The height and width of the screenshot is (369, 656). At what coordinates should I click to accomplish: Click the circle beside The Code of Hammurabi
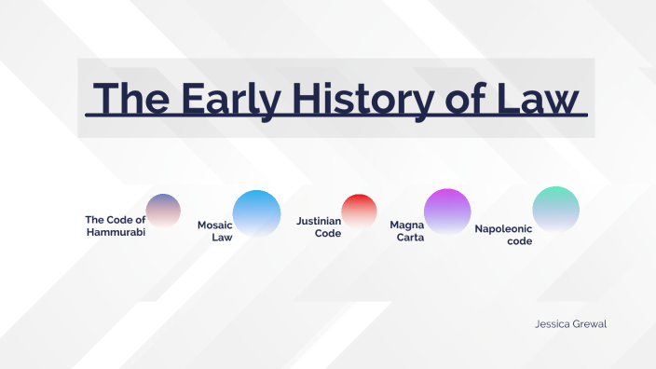tap(163, 211)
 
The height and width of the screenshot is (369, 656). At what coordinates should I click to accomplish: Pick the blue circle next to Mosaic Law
tap(256, 213)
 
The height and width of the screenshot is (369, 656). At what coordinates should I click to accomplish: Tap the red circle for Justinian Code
tap(359, 211)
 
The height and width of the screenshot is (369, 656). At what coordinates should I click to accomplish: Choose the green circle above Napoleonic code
tap(555, 210)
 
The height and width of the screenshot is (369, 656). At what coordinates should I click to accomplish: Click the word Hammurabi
tap(116, 232)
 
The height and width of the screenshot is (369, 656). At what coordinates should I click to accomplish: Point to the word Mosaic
tap(214, 225)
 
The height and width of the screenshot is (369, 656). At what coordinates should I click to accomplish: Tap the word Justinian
tap(319, 222)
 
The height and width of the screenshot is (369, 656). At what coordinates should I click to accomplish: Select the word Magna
tap(407, 225)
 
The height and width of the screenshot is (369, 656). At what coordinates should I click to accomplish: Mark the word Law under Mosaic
tap(222, 238)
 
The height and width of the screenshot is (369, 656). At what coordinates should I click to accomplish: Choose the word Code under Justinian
tap(328, 234)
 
